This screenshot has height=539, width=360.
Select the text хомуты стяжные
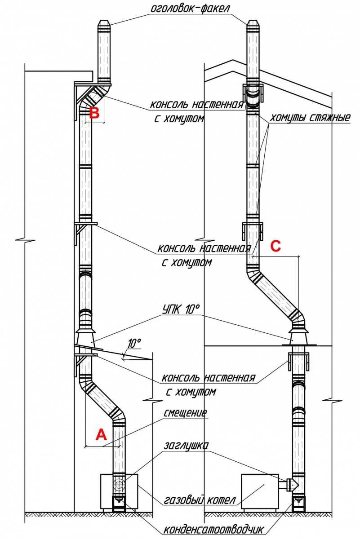(310, 119)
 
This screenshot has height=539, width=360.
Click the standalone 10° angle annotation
(134, 343)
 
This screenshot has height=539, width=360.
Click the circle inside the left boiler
(119, 486)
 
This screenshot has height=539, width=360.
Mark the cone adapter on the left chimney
(86, 336)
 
